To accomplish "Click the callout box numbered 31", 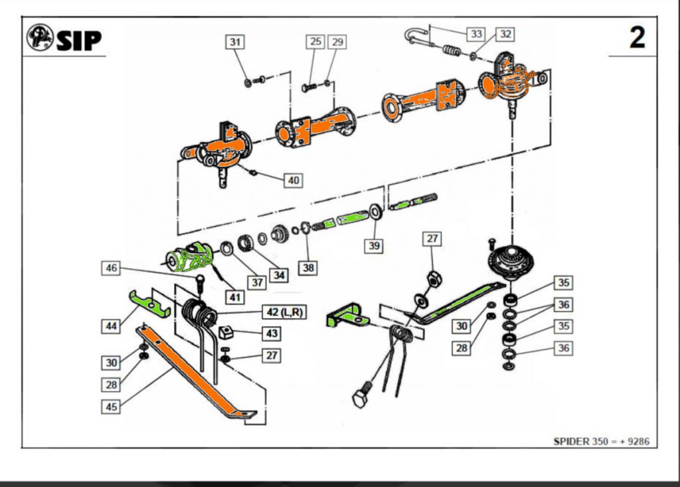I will tap(234, 42).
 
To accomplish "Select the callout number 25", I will tap(315, 42).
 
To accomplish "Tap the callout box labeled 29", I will tap(337, 42).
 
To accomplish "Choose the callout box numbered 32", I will tap(505, 33).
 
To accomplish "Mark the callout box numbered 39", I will tap(374, 245).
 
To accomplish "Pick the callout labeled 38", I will tap(307, 267).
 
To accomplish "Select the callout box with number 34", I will tap(279, 274).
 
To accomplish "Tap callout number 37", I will tap(257, 282).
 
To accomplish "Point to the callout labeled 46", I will tap(112, 268).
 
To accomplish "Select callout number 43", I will tap(272, 333).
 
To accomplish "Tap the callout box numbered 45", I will tap(112, 406).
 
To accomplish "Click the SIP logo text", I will tap(78, 41).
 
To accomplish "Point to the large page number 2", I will tap(637, 39).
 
